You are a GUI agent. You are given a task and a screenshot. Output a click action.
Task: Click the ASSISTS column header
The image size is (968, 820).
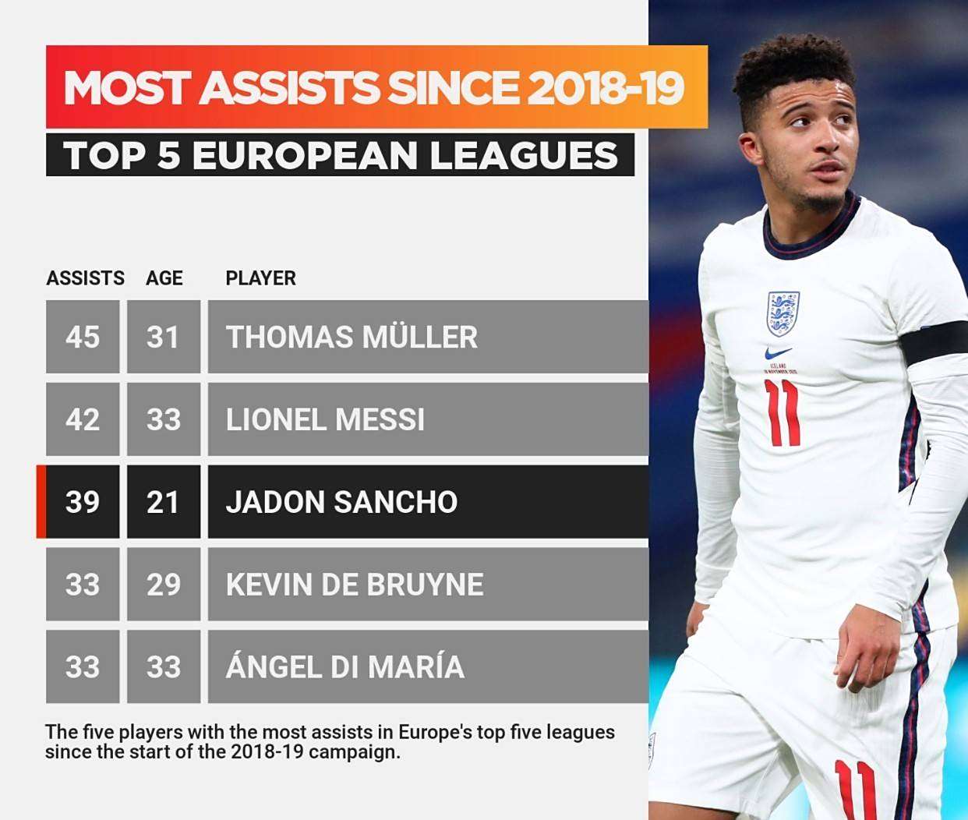(85, 278)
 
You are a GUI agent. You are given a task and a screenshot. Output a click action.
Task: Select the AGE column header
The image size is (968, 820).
(164, 278)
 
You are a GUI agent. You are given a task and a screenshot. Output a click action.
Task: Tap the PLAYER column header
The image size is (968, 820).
(260, 278)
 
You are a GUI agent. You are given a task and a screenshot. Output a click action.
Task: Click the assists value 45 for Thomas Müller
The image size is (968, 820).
(83, 337)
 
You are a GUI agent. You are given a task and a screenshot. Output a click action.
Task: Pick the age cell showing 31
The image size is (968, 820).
(163, 337)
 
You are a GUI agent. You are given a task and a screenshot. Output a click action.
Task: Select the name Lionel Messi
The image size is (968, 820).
(325, 419)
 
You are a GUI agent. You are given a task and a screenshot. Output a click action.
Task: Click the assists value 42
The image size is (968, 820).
(83, 419)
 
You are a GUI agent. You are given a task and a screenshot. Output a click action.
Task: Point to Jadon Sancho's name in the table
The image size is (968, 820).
(341, 502)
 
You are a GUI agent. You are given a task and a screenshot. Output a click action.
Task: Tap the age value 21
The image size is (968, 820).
(163, 502)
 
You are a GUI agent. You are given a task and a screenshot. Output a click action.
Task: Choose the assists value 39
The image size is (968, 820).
(83, 502)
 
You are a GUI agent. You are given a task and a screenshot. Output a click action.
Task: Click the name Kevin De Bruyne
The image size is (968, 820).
(355, 585)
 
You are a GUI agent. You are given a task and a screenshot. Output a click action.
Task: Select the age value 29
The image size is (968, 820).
(163, 585)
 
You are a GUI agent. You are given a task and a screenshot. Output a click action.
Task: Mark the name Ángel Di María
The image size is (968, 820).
(345, 667)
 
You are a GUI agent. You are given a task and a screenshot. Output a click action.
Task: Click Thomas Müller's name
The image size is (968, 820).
(352, 337)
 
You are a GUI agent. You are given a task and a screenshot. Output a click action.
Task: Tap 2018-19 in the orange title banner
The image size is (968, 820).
(606, 87)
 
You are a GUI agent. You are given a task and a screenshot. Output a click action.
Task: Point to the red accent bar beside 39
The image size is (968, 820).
(41, 502)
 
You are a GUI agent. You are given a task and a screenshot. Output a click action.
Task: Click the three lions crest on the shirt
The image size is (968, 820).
(783, 313)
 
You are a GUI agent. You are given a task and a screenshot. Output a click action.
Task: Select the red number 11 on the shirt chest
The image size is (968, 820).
(782, 412)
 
